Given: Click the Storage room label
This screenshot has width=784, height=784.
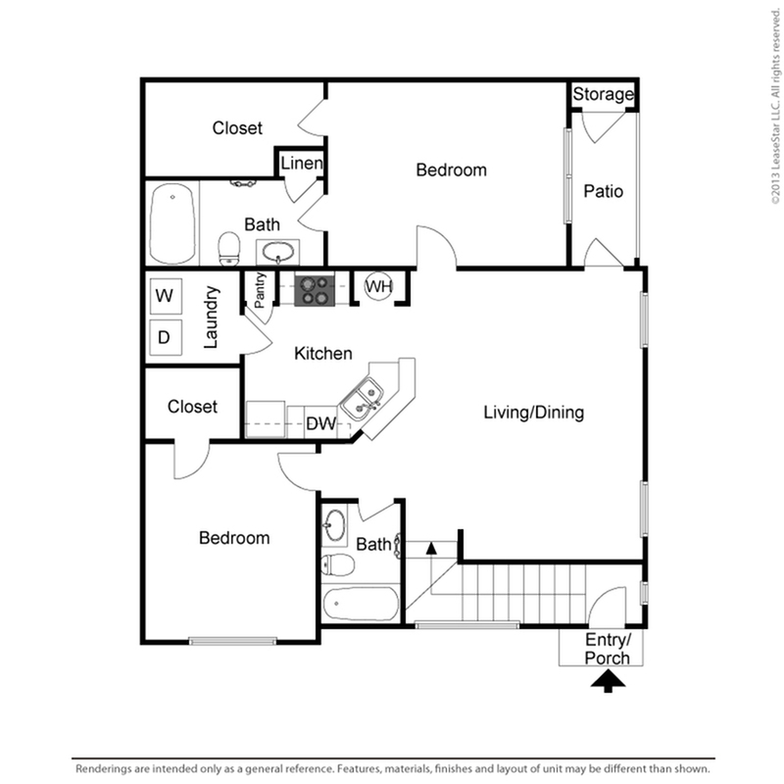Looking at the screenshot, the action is click(603, 94).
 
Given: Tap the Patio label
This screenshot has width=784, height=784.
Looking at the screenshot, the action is click(603, 191).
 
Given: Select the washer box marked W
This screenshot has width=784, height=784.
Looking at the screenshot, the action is click(166, 296).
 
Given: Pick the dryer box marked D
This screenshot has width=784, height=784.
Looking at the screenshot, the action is click(166, 337).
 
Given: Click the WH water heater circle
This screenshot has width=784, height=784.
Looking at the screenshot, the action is click(378, 286).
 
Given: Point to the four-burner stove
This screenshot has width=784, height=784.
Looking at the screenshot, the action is click(315, 290).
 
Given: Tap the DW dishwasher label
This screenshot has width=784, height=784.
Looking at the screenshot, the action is click(320, 423).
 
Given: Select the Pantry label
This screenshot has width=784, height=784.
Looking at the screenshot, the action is click(260, 290).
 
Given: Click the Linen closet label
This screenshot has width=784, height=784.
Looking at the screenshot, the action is click(302, 163).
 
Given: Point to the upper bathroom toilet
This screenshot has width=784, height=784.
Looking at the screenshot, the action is click(229, 248).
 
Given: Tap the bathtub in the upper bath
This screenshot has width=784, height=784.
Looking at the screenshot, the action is click(172, 223).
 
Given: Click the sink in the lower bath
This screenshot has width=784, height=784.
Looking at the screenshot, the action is click(334, 525).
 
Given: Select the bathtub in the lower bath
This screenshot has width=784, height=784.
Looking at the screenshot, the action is click(361, 604).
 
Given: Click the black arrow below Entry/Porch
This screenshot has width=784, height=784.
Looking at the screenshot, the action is click(608, 681).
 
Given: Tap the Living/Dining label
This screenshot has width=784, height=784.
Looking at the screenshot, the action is click(533, 413).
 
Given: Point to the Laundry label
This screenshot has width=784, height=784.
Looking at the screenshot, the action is click(212, 317).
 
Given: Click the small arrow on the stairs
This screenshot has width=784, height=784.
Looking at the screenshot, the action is click(431, 548).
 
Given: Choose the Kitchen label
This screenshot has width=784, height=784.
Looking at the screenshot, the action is click(323, 354).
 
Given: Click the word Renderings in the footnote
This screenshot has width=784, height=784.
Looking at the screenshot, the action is click(104, 768).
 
